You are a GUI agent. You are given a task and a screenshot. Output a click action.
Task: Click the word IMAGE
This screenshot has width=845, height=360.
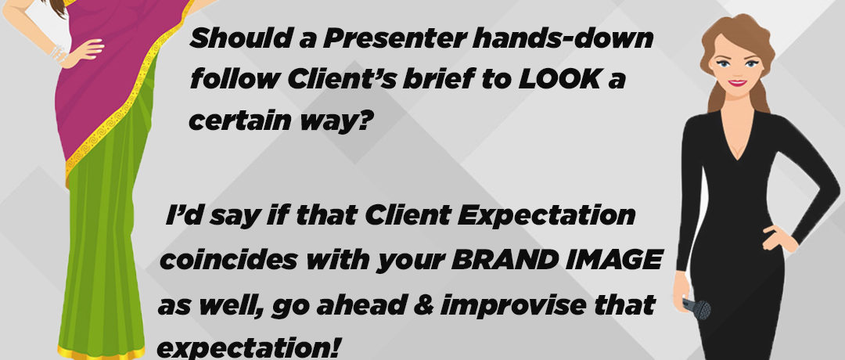pyautogui.click(x=608, y=261)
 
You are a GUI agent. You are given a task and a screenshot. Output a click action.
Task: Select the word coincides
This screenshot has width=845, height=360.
pyautogui.click(x=229, y=261)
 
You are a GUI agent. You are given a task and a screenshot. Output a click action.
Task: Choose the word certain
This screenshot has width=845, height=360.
pyautogui.click(x=233, y=121)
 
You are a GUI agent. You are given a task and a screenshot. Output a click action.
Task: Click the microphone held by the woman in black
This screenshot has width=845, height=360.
pyautogui.click(x=696, y=309)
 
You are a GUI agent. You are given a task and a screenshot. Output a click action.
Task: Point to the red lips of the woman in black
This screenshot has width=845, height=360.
pyautogui.click(x=737, y=83)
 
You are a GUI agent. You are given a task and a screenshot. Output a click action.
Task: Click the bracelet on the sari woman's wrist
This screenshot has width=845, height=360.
pyautogui.click(x=58, y=52)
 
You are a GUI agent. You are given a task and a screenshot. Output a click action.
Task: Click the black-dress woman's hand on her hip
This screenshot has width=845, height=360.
pyautogui.click(x=779, y=238)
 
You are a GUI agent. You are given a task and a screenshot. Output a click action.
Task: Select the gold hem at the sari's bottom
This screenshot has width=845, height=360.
pyautogui.click(x=101, y=353)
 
